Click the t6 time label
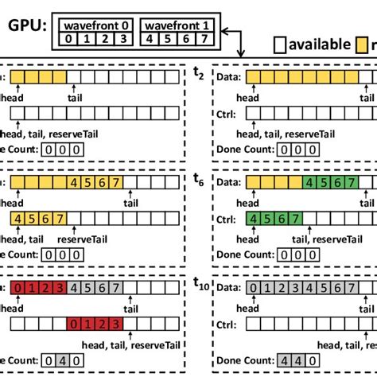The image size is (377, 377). (199, 181)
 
